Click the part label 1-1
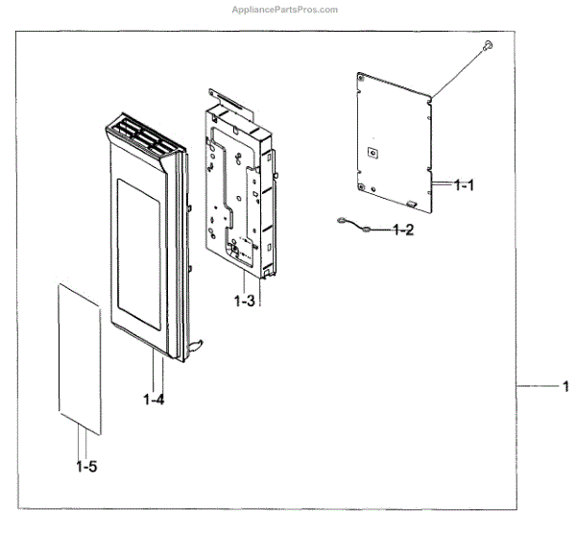464,185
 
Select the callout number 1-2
404,231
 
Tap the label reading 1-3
244,301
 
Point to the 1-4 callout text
154,399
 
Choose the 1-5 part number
85,467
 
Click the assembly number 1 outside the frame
564,387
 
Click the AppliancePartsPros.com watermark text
286,9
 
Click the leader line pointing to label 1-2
381,231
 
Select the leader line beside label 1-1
443,182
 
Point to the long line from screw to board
459,69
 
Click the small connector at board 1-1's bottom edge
411,204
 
